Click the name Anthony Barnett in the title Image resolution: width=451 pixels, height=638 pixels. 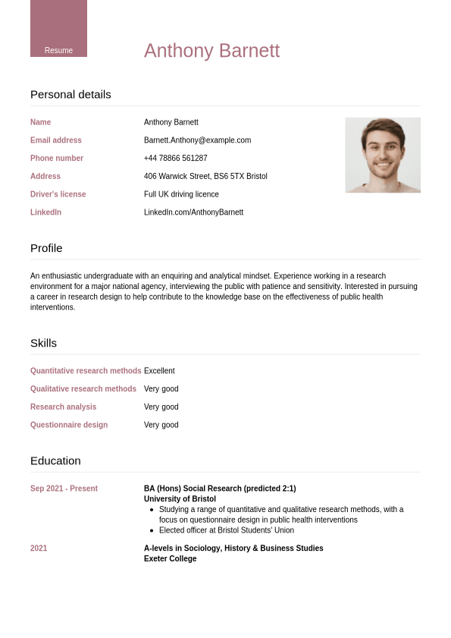pyautogui.click(x=211, y=51)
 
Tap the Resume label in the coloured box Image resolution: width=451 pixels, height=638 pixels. pyautogui.click(x=58, y=50)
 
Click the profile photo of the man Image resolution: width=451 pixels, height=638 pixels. pyautogui.click(x=383, y=155)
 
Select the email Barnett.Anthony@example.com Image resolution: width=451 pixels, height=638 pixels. pyautogui.click(x=197, y=140)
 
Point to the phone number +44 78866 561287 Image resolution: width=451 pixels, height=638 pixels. pyautogui.click(x=175, y=159)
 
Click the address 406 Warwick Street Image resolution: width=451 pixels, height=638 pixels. pyautogui.click(x=205, y=176)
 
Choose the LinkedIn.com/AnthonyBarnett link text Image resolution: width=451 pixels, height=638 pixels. pyautogui.click(x=193, y=212)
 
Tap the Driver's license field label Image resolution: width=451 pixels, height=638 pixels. pyautogui.click(x=58, y=194)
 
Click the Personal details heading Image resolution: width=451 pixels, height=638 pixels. pyautogui.click(x=70, y=95)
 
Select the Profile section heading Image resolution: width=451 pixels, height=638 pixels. pyautogui.click(x=46, y=248)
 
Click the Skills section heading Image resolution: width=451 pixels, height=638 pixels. pyautogui.click(x=43, y=343)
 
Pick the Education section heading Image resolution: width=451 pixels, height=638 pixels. pyautogui.click(x=55, y=460)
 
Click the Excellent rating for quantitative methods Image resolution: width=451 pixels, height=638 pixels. pyautogui.click(x=159, y=371)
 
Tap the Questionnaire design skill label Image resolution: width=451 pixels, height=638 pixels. pyautogui.click(x=69, y=425)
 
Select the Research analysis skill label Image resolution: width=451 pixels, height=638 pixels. pyautogui.click(x=63, y=407)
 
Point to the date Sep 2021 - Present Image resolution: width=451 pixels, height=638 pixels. pyautogui.click(x=64, y=489)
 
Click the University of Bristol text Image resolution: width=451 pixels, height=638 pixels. pyautogui.click(x=180, y=499)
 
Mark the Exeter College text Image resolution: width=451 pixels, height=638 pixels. pyautogui.click(x=170, y=558)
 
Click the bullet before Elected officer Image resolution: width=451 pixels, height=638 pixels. pyautogui.click(x=152, y=530)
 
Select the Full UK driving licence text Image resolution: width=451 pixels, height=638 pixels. pyautogui.click(x=181, y=194)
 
